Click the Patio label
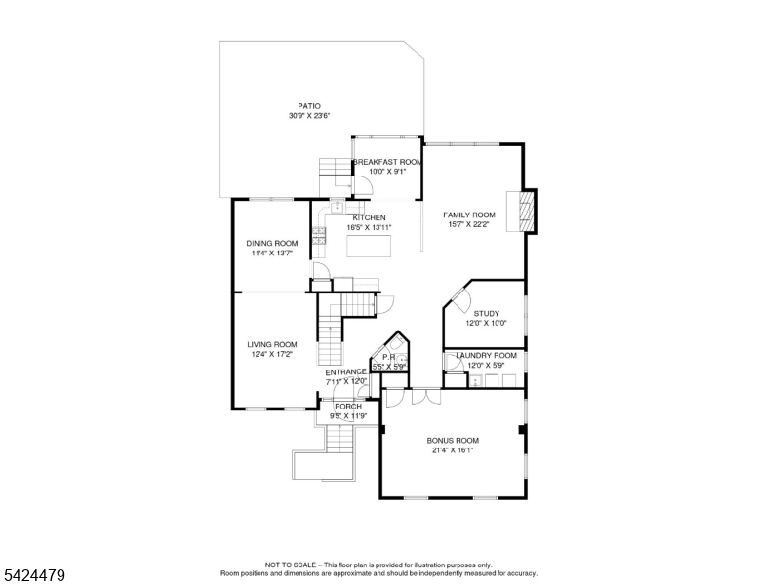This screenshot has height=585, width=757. pyautogui.click(x=308, y=106)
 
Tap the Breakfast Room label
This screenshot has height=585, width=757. pyautogui.click(x=387, y=162)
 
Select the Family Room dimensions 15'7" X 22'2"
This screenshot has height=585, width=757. pyautogui.click(x=469, y=224)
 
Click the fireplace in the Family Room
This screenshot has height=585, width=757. pyautogui.click(x=528, y=211)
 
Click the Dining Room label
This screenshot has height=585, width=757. pyautogui.click(x=271, y=243)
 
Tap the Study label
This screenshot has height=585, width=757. pyautogui.click(x=486, y=313)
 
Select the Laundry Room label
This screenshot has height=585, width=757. pyautogui.click(x=486, y=356)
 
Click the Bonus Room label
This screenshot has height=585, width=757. pyautogui.click(x=453, y=441)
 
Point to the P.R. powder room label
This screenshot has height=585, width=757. pyautogui.click(x=388, y=357)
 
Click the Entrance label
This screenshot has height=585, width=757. pyautogui.click(x=345, y=371)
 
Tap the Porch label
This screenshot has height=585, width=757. pyautogui.click(x=348, y=407)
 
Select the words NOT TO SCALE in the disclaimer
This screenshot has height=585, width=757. pyautogui.click(x=290, y=565)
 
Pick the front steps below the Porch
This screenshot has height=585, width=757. pyautogui.click(x=338, y=440)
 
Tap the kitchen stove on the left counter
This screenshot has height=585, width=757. pyautogui.click(x=318, y=233)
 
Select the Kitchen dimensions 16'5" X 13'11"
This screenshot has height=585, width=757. pyautogui.click(x=368, y=227)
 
